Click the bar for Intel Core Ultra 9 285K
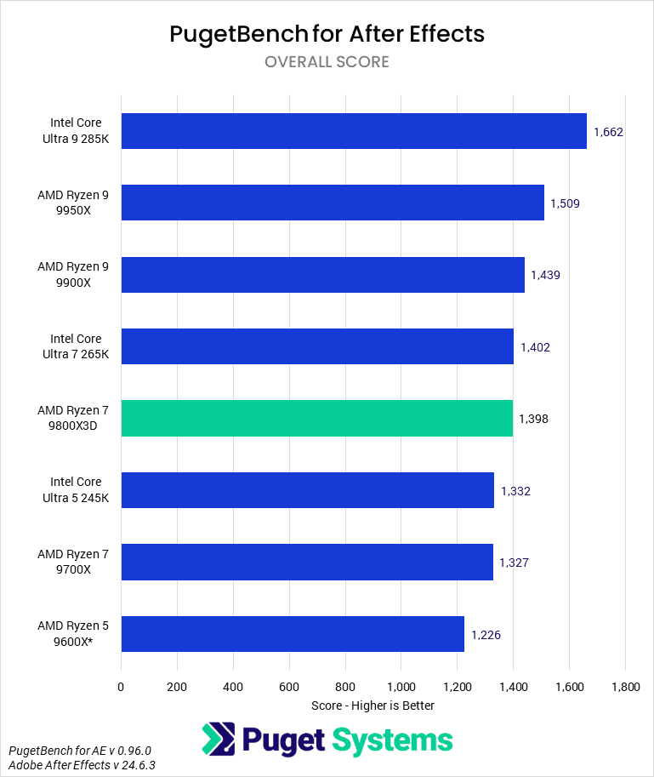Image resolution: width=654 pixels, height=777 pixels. [x=354, y=131]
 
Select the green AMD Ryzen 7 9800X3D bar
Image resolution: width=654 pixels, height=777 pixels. [x=316, y=418]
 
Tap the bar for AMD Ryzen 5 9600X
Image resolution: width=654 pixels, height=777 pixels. [x=293, y=633]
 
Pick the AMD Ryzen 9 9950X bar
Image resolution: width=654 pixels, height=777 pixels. [x=333, y=203]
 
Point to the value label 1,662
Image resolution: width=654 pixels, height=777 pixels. [x=609, y=132]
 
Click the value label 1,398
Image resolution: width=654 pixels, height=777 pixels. [x=534, y=419]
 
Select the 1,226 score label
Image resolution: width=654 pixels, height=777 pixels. [x=486, y=634]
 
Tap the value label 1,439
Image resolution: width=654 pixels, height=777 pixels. [x=545, y=275]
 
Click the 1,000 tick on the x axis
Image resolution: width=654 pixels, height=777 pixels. [x=401, y=686]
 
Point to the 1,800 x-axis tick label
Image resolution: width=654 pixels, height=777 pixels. [x=625, y=686]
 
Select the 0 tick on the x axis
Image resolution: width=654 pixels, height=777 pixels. [x=121, y=686]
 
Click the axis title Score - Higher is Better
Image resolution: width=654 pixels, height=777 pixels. [x=372, y=706]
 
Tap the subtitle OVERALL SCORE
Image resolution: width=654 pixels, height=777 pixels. [x=327, y=62]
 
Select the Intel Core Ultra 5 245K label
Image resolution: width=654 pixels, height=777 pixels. [x=76, y=489]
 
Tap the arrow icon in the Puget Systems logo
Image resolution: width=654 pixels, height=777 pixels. [x=218, y=739]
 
